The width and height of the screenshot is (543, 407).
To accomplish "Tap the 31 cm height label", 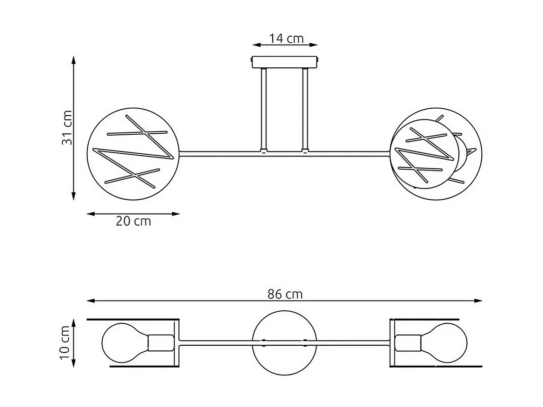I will [67, 128].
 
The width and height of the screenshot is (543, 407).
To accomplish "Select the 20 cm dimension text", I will [133, 222].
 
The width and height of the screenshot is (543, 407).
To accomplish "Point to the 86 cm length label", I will [285, 294].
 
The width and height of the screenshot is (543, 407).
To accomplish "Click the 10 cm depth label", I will [66, 343].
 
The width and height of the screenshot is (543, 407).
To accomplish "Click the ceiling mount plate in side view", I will [285, 62].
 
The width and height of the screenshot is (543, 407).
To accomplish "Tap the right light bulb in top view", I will [446, 343].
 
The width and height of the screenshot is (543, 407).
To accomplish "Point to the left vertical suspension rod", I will [263, 109].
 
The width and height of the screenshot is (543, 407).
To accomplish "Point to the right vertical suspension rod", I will [305, 109].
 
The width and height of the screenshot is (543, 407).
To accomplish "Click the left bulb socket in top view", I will [160, 343].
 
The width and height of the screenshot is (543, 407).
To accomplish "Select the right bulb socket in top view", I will [408, 343].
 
